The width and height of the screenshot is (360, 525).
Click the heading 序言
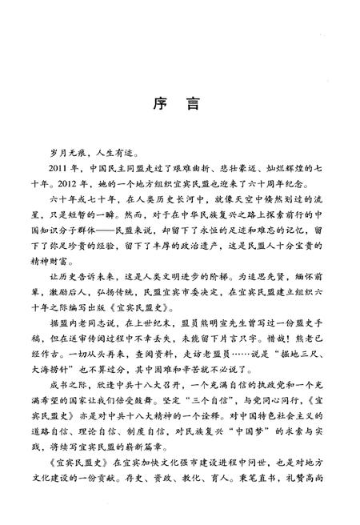[179, 106]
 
